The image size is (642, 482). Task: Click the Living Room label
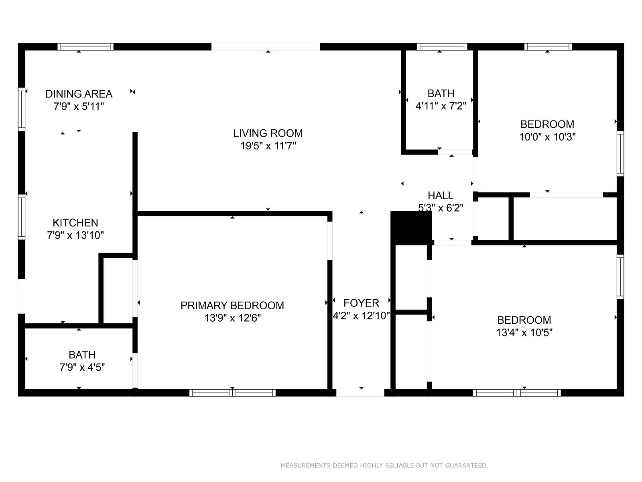tap(268, 133)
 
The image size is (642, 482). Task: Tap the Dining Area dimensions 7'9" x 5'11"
tap(79, 106)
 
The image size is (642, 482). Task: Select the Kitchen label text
tap(75, 223)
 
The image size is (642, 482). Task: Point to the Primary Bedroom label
tap(232, 306)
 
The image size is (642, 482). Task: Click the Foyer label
tap(361, 303)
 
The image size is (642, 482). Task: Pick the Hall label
tap(441, 196)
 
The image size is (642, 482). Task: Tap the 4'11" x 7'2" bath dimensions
tap(441, 106)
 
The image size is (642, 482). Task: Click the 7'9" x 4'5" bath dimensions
tap(82, 367)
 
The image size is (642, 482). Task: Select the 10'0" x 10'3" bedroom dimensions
tap(547, 137)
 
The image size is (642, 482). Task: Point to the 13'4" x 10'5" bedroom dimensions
tap(524, 333)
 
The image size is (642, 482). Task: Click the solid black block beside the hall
tap(411, 227)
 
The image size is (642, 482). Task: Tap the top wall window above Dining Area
tap(85, 47)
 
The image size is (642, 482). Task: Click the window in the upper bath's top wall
tap(442, 47)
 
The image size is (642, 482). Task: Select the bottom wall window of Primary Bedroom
tap(232, 393)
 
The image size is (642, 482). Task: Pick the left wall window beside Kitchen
tap(22, 217)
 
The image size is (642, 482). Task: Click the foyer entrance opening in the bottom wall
tap(360, 393)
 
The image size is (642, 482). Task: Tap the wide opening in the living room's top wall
tap(266, 47)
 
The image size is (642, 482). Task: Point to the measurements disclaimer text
tap(384, 465)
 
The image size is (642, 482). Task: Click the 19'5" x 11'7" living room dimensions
tap(268, 146)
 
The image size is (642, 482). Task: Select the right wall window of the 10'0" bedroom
tap(620, 154)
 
